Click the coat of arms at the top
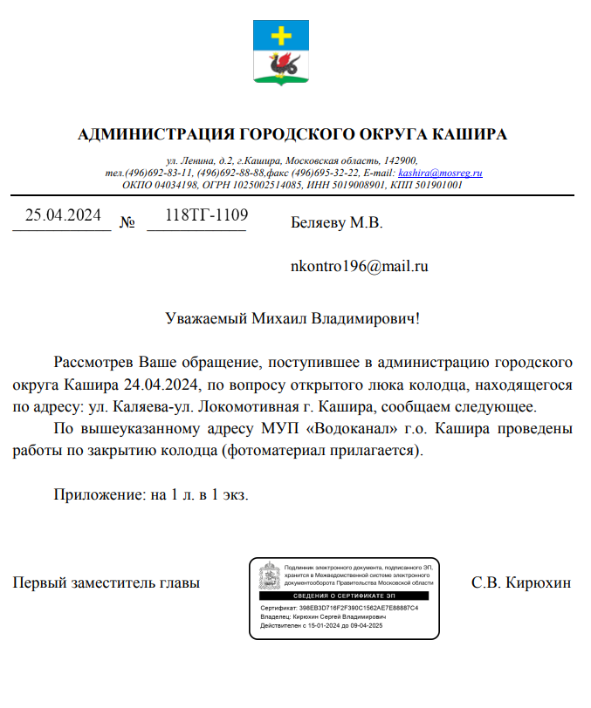pos(281,53)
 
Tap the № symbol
pos(127,223)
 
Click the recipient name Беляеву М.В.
pos(336,223)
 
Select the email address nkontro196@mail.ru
pos(359,267)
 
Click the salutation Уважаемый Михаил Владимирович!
pos(292,318)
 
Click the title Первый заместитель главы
pos(106,582)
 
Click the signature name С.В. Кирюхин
pos(520,582)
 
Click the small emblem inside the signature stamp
pos(270,576)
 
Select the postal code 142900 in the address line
pos(400,161)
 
